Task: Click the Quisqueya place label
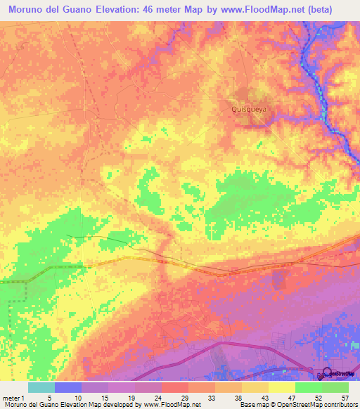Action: pos(245,109)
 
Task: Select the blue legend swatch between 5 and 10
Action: pos(68,387)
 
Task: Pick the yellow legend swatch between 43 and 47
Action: pos(282,387)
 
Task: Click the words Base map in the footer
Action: pos(248,405)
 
